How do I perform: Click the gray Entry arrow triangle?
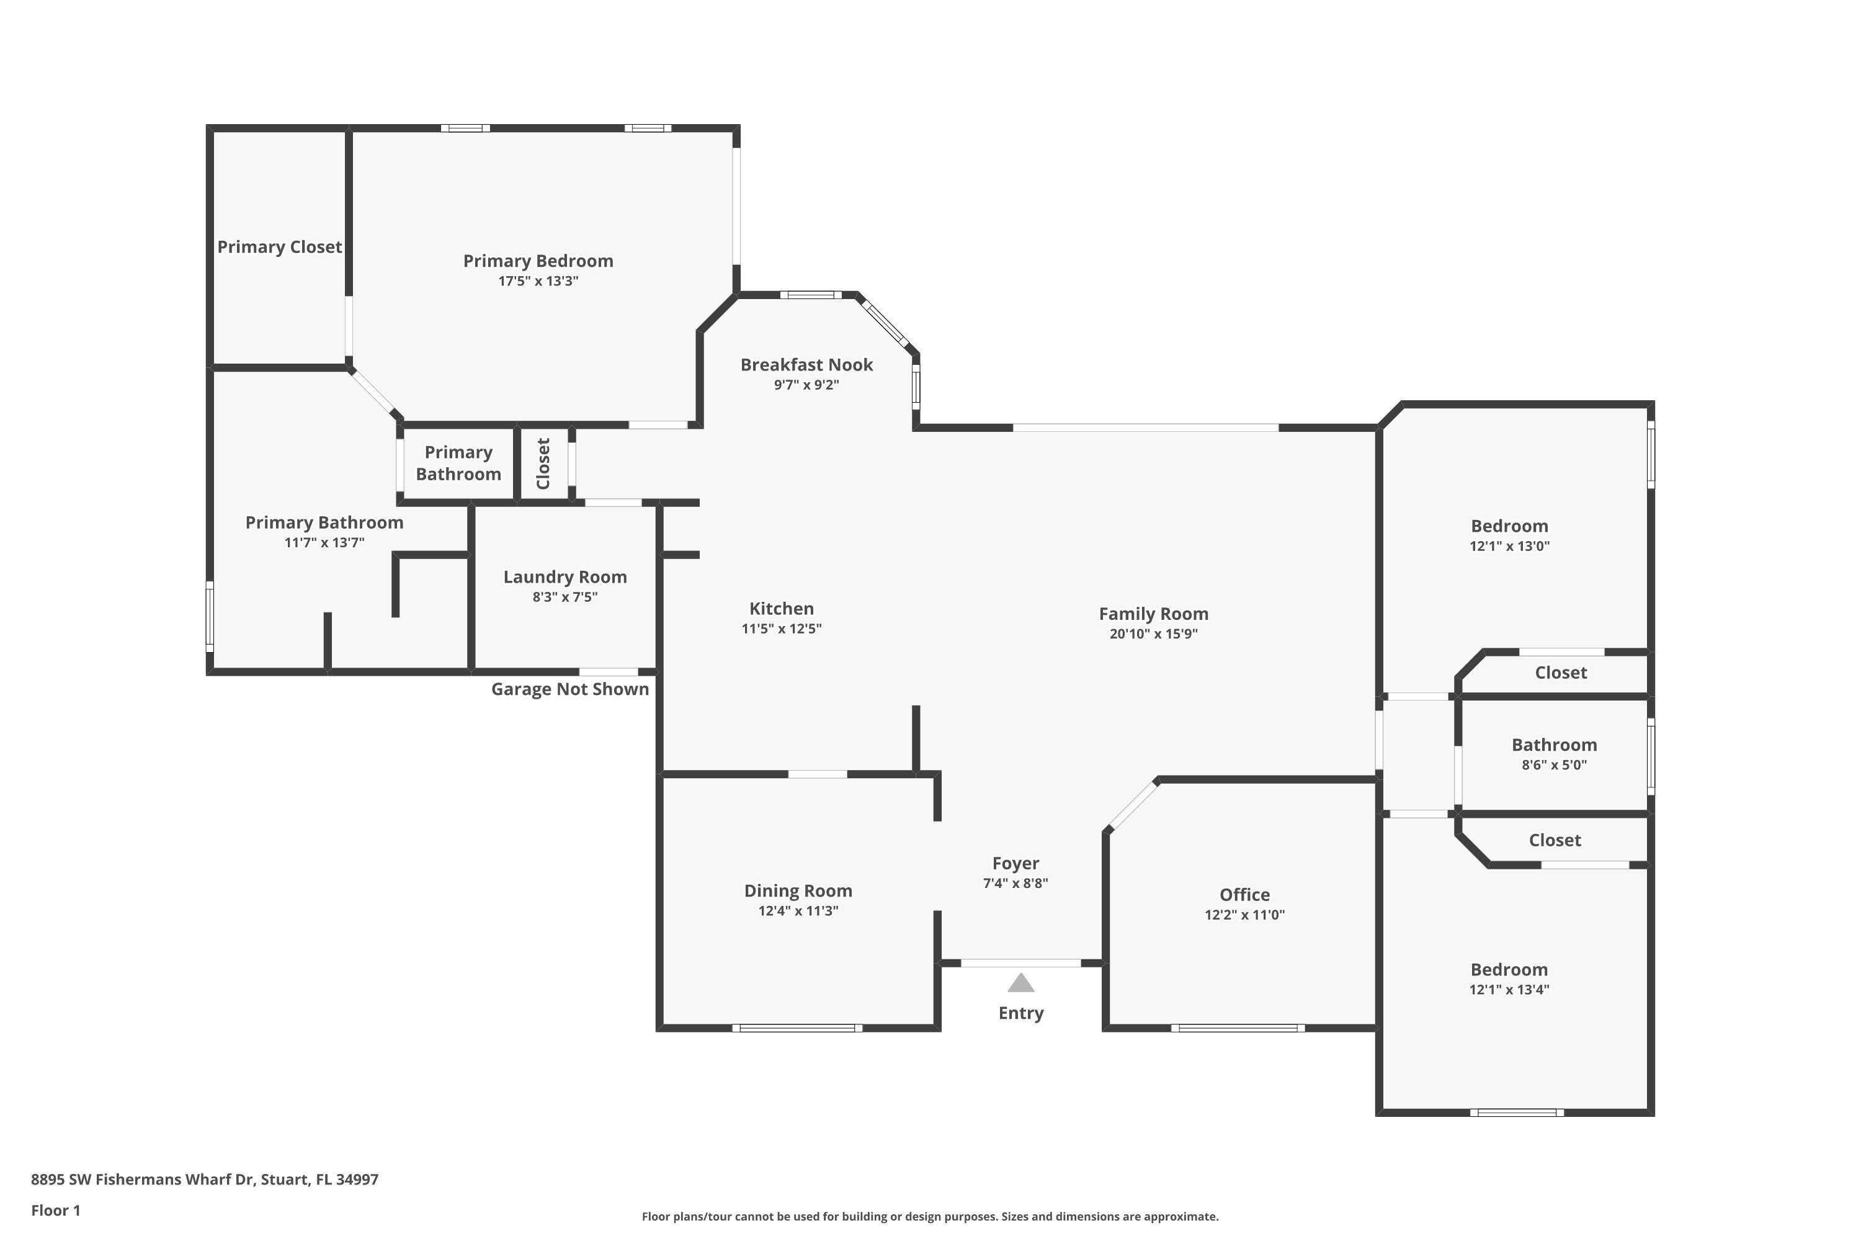tap(1020, 983)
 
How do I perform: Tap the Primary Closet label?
tap(279, 247)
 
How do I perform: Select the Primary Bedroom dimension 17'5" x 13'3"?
tap(538, 281)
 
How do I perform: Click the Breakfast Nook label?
tap(806, 365)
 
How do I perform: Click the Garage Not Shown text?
tap(569, 689)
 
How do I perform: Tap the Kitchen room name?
tap(781, 609)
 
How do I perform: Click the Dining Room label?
tap(798, 890)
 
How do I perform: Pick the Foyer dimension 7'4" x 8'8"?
tap(1015, 883)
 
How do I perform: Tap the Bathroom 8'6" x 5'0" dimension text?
tap(1554, 764)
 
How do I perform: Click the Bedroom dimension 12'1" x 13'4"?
tap(1509, 989)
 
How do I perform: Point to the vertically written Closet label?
tap(543, 464)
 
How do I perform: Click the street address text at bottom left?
tap(204, 1180)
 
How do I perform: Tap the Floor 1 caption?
tap(55, 1210)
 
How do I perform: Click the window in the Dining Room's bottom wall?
tap(797, 1028)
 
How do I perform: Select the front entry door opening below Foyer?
tap(1020, 963)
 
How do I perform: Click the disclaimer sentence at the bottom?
tap(930, 1216)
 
